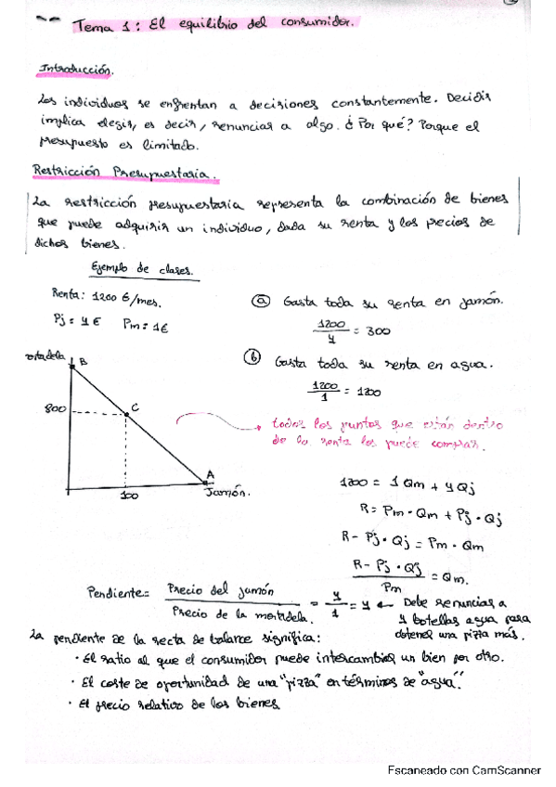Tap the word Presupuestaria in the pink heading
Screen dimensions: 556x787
(162, 172)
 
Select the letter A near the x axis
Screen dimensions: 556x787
(210, 474)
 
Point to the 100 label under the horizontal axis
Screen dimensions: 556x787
(130, 497)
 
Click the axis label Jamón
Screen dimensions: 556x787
(227, 495)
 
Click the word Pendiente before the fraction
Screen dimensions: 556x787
(117, 591)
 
